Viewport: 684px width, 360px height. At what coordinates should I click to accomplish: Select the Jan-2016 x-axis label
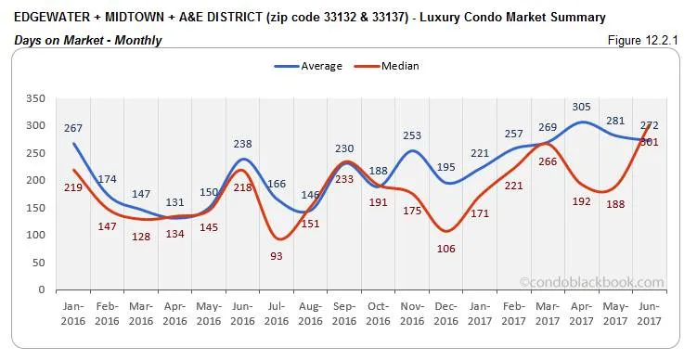pos(73,311)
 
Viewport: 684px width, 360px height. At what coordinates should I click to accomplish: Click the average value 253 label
pos(413,135)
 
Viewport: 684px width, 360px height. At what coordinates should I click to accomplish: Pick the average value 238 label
pos(242,144)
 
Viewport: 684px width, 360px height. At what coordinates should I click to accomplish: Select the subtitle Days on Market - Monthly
pos(88,40)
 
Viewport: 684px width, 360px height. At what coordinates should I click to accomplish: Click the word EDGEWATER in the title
pos(53,17)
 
